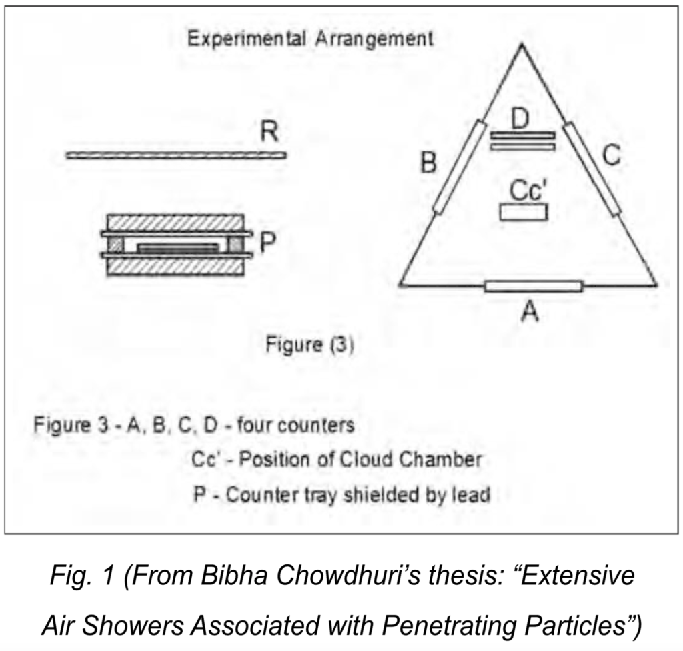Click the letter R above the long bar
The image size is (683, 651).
click(269, 131)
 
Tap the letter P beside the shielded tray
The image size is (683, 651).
click(267, 242)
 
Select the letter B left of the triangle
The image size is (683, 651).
click(428, 163)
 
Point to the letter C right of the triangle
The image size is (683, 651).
click(612, 155)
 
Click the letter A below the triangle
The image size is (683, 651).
click(530, 311)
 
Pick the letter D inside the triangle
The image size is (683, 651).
click(520, 119)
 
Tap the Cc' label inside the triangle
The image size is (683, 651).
click(528, 190)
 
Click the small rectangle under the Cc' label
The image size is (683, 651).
click(523, 213)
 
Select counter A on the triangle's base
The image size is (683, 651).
click(533, 286)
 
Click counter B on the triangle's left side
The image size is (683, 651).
click(460, 167)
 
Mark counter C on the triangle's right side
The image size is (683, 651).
click(592, 169)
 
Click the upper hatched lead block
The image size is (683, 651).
click(175, 223)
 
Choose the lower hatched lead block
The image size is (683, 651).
click(175, 267)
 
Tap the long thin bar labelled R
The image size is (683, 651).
click(176, 155)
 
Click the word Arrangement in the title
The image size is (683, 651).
click(375, 39)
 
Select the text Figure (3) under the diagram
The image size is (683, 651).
click(310, 344)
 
